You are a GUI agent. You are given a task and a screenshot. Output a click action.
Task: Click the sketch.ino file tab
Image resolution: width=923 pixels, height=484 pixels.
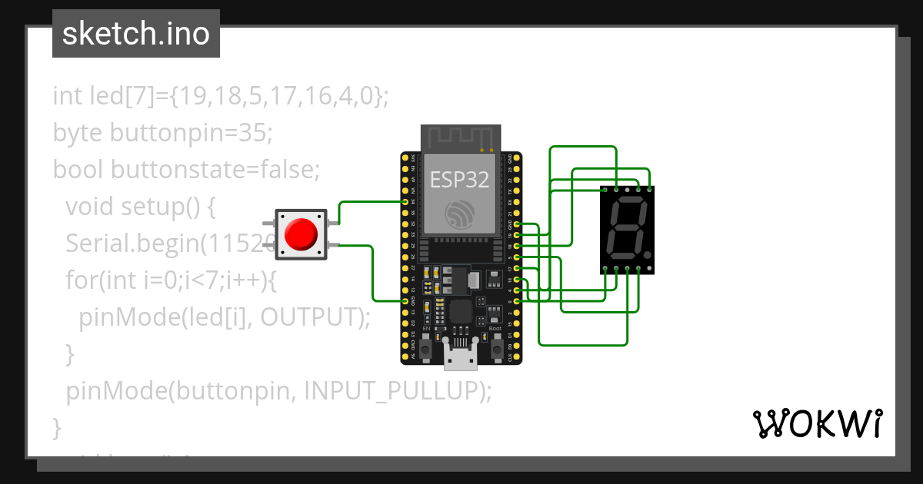coord(135,34)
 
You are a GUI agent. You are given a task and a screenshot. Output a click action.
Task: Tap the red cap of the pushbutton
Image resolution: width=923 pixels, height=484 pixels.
coord(301,234)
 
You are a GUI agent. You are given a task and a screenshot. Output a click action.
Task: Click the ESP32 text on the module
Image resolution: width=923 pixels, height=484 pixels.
coord(459,180)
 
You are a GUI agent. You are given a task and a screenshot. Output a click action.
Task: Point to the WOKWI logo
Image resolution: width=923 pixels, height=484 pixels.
coord(817,423)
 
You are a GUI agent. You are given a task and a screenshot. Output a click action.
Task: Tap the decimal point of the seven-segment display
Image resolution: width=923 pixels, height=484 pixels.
coord(648,255)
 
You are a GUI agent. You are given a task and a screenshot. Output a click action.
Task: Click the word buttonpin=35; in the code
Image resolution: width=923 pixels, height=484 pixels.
coord(191,133)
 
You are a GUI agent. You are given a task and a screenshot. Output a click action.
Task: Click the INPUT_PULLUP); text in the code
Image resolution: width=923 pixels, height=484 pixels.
coord(398,391)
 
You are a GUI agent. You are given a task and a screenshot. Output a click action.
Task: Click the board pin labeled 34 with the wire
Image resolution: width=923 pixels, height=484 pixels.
coord(406,202)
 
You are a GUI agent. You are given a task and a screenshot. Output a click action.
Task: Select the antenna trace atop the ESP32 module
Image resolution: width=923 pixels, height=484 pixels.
coord(460,138)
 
